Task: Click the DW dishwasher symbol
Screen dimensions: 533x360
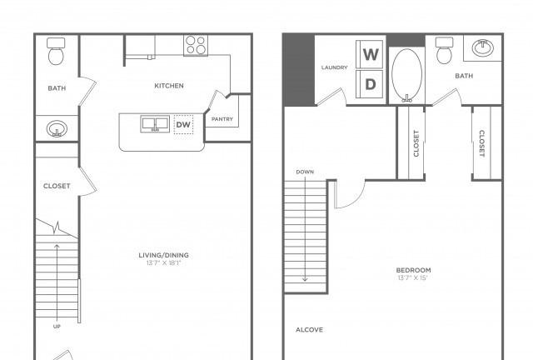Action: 183,124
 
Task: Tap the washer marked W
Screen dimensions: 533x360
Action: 370,54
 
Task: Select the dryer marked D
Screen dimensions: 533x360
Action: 370,84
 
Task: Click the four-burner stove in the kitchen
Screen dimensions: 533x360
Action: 196,45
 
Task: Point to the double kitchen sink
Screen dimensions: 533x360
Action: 155,124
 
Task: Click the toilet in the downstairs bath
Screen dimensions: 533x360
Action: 56,51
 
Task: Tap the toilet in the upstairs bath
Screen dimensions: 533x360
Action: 444,50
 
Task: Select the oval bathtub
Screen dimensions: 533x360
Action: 407,75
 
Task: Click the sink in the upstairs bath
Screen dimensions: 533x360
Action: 483,48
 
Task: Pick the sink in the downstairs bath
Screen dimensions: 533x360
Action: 57,129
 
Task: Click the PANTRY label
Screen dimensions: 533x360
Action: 222,119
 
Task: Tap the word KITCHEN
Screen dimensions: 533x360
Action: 169,86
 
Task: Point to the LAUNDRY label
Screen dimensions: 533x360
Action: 335,67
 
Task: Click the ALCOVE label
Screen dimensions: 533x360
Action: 309,330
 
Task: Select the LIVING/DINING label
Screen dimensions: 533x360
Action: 163,255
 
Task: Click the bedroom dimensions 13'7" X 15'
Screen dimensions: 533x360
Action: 412,277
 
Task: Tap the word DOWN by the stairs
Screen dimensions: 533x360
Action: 305,172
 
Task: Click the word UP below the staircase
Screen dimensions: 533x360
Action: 57,327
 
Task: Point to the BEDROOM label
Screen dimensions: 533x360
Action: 413,270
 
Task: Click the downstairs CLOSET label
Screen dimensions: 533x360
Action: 57,186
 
